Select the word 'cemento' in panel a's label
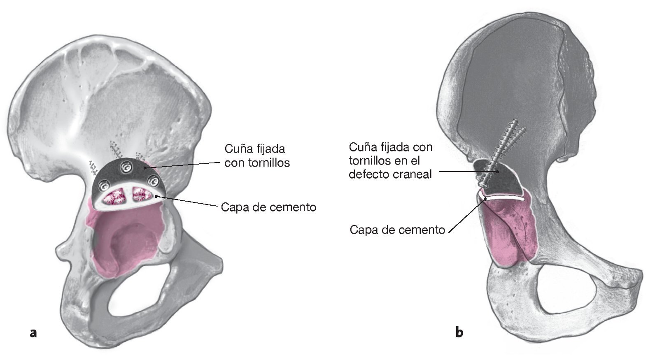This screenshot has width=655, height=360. click(293, 207)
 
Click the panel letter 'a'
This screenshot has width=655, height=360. click(34, 332)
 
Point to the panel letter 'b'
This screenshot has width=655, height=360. click(459, 332)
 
